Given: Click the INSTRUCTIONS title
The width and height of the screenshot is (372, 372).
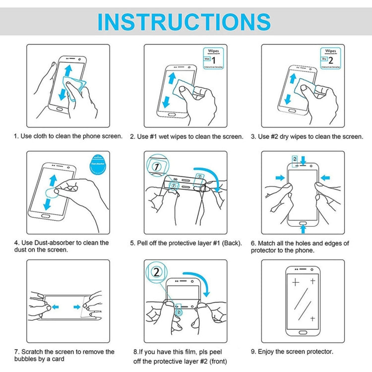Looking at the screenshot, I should (184, 22).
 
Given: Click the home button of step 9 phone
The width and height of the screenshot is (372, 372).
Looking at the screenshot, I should (303, 329).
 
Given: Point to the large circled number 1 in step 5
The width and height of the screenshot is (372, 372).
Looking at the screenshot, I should (158, 167).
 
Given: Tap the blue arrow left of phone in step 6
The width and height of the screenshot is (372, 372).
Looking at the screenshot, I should (280, 178).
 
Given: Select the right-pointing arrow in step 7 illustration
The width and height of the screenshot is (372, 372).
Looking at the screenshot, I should (77, 306).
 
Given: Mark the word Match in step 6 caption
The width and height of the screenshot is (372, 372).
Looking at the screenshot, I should (268, 244).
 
